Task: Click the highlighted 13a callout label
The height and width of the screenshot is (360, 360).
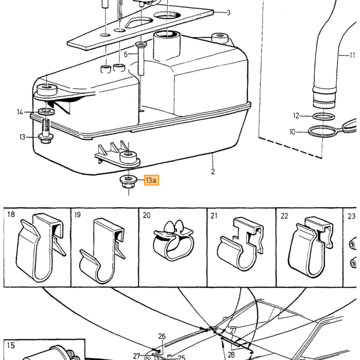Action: click(x=151, y=180)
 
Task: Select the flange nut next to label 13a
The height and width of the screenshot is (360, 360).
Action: click(x=129, y=182)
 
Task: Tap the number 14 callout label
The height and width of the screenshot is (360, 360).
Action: click(x=20, y=112)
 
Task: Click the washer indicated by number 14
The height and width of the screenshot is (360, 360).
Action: click(x=46, y=112)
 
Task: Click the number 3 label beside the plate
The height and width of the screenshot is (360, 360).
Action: click(x=228, y=13)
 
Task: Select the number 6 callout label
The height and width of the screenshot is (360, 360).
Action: click(x=125, y=55)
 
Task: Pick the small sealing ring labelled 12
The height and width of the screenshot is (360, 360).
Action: click(x=323, y=117)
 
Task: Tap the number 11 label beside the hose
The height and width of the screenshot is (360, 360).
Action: click(x=352, y=56)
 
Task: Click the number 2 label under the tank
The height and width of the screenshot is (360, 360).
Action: click(x=213, y=171)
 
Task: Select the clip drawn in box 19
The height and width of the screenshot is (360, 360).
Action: click(x=103, y=251)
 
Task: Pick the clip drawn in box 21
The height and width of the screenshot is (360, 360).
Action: click(x=241, y=244)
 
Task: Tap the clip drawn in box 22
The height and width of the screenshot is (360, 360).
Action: click(x=311, y=247)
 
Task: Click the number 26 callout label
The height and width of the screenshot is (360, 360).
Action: click(x=161, y=336)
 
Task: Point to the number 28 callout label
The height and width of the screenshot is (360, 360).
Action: click(x=231, y=354)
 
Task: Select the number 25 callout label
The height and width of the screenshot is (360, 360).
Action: click(x=182, y=357)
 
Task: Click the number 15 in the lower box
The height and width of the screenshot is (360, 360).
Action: click(x=11, y=345)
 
